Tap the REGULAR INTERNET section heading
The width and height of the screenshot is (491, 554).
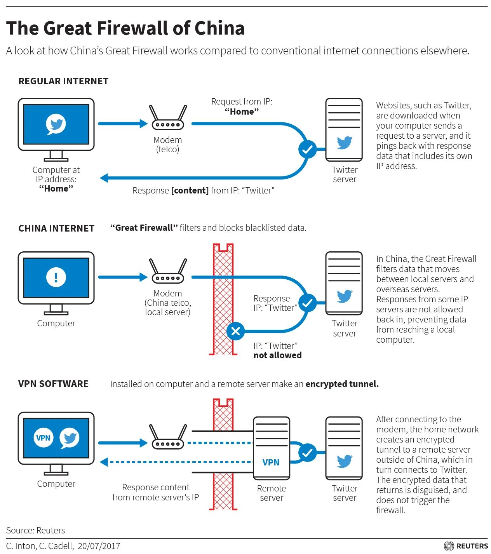click(x=63, y=81)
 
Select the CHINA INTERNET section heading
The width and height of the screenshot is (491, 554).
click(x=56, y=228)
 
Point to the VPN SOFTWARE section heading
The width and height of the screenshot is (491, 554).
click(x=53, y=384)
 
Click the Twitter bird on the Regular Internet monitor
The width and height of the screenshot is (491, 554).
click(x=56, y=124)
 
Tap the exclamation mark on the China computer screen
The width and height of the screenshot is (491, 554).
click(x=56, y=277)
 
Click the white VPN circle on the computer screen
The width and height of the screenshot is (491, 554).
click(x=43, y=438)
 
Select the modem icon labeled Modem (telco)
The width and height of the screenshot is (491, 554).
click(x=168, y=118)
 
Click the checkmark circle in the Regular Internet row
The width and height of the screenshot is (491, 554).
click(x=307, y=149)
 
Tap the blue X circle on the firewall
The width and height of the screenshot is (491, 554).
click(x=235, y=331)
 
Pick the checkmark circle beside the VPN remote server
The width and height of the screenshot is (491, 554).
click(x=307, y=453)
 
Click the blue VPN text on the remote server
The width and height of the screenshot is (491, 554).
click(x=271, y=462)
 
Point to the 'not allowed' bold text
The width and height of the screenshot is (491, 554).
click(x=277, y=355)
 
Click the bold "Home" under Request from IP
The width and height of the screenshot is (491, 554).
click(x=242, y=112)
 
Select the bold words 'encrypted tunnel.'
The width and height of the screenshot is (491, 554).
click(x=342, y=384)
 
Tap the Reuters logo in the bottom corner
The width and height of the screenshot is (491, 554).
click(x=466, y=546)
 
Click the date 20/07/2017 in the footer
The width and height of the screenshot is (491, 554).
click(x=99, y=546)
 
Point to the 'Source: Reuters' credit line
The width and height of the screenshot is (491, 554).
click(x=35, y=530)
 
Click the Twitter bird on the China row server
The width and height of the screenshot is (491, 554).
click(x=345, y=296)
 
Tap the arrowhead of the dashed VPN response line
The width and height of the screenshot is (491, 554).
click(x=104, y=462)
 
